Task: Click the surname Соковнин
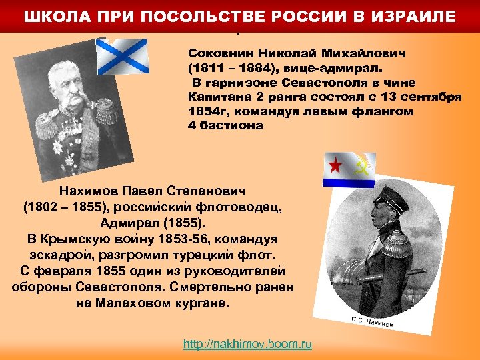[219, 52]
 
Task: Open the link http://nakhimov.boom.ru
[247, 344]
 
